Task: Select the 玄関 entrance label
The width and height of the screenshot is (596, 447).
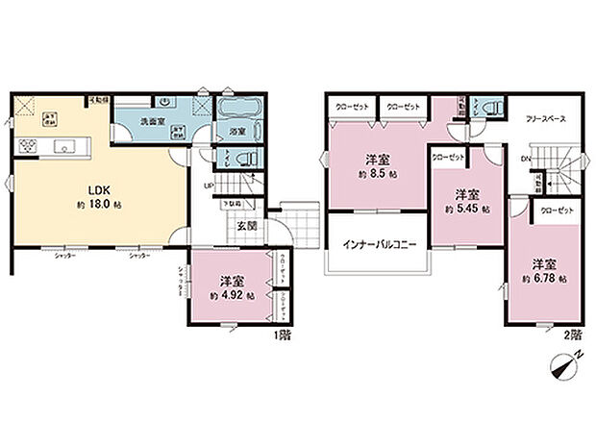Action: (x=246, y=227)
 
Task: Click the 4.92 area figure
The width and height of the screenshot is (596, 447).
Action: (x=234, y=295)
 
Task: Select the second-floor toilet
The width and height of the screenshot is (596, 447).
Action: (x=489, y=110)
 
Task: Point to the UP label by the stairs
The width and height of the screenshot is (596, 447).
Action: (x=210, y=186)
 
